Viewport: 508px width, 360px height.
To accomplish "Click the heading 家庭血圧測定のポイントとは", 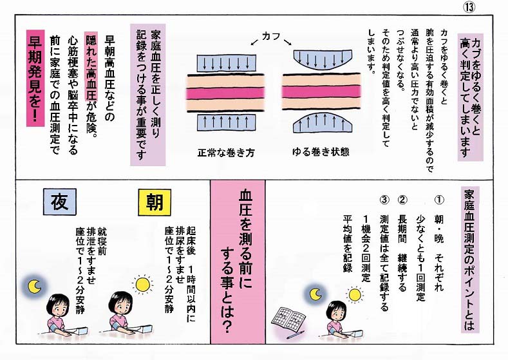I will (x=468, y=257).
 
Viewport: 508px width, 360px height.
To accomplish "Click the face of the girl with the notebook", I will (x=336, y=310).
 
